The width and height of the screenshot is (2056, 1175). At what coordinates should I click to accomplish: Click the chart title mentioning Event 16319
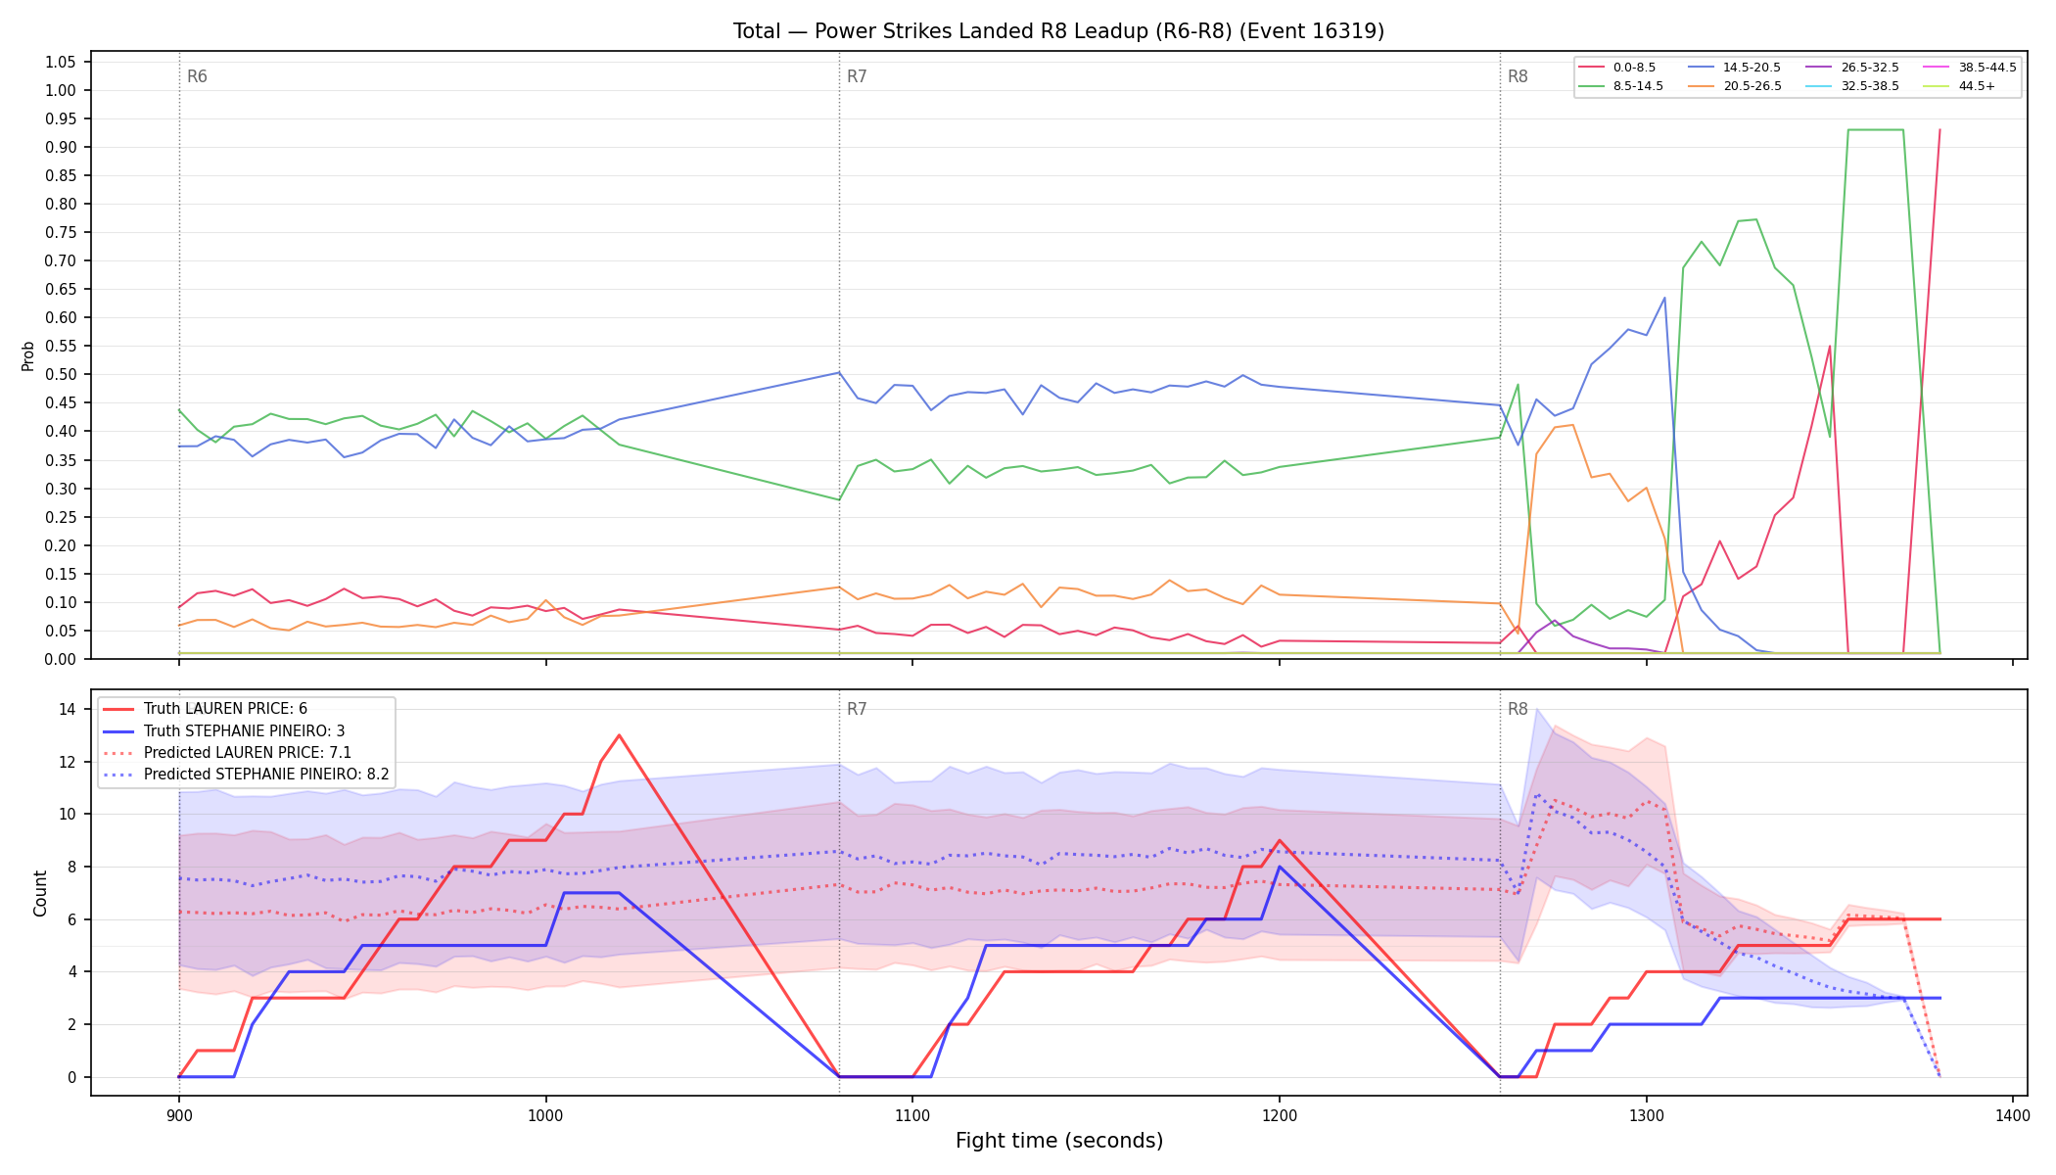(x=1058, y=31)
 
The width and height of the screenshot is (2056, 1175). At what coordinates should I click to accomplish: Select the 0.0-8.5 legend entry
(x=1616, y=68)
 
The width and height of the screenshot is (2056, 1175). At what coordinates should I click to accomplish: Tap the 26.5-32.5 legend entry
(x=1850, y=68)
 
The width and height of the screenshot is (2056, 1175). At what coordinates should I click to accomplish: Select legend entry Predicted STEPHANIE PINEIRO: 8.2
(x=246, y=775)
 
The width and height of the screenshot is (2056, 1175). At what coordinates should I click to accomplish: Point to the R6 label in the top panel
(x=197, y=76)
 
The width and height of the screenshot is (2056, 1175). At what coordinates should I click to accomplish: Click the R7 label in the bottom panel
(x=857, y=709)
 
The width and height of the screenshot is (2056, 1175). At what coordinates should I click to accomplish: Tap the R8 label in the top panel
(x=1518, y=76)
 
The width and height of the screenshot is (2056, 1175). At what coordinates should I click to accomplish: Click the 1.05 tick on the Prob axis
(x=60, y=63)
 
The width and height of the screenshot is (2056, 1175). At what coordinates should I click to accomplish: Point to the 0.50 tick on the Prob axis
(x=60, y=375)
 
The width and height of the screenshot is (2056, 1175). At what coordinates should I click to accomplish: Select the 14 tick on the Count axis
(x=68, y=709)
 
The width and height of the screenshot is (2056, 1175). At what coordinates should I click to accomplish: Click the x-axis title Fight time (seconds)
(x=1059, y=1141)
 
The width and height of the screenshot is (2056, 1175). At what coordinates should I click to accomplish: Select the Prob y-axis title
(x=27, y=355)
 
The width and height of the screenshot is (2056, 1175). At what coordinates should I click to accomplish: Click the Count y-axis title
(x=40, y=893)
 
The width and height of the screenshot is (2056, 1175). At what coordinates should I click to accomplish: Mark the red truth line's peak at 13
(x=619, y=735)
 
